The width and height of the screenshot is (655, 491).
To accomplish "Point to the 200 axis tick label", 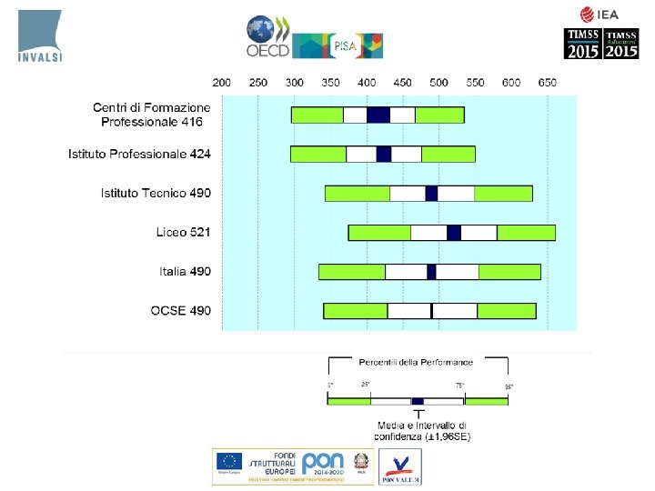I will pos(223,83).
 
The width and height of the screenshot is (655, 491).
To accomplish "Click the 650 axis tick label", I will pos(547,83).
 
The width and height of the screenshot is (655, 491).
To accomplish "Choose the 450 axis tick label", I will pos(402,83).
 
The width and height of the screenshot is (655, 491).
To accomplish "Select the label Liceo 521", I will pos(183,232).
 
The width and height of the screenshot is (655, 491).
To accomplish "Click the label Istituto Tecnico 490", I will pos(156,193).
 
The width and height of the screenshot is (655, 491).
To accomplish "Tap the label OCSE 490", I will pos(180,310).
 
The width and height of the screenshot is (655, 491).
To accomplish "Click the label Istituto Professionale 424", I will pos(139,154).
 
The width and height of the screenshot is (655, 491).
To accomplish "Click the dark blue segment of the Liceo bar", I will pos(454,233).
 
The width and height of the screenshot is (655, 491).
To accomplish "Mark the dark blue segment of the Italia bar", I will pos(431,272).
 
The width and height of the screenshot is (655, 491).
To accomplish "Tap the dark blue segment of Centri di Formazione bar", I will pos(378,115).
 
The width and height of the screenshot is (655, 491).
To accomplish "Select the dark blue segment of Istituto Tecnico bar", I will pos(431,193).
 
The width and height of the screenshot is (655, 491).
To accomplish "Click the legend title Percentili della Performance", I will pos(416,362).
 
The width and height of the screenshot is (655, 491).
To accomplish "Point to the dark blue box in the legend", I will pos(418,401).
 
